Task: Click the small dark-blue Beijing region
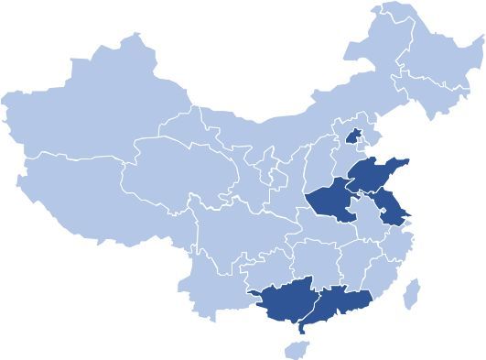[x=351, y=136]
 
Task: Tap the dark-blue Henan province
[x=330, y=202]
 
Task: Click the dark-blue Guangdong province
[x=339, y=303]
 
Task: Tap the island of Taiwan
[x=413, y=293]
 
